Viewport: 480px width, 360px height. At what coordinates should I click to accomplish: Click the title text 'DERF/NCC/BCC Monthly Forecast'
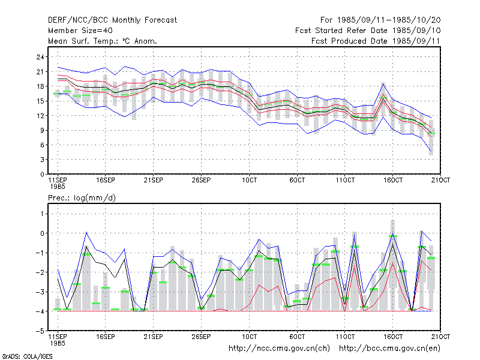pyautogui.click(x=112, y=20)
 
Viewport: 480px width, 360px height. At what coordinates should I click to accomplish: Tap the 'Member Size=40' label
pyautogui.click(x=80, y=31)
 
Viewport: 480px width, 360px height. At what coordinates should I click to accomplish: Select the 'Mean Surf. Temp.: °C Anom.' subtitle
pyautogui.click(x=103, y=41)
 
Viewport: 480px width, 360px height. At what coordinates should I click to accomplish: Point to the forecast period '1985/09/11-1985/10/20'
pyautogui.click(x=389, y=20)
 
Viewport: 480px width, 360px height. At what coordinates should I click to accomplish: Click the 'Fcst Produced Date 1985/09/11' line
pyautogui.click(x=376, y=41)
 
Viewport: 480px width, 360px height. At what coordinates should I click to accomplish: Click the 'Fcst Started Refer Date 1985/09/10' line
pyautogui.click(x=368, y=31)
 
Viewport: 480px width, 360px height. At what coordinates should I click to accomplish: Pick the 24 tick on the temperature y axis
pyautogui.click(x=40, y=57)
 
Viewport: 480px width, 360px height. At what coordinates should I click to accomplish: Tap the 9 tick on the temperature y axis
pyautogui.click(x=42, y=130)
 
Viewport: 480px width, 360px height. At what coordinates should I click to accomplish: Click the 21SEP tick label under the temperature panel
pyautogui.click(x=154, y=180)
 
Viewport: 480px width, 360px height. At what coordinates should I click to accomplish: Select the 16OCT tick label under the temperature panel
pyautogui.click(x=393, y=180)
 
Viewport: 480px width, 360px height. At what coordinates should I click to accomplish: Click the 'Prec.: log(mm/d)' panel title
pyautogui.click(x=82, y=198)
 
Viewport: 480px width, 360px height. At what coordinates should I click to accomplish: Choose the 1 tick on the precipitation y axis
pyautogui.click(x=42, y=214)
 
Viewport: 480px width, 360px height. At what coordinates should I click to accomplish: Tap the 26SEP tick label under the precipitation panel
pyautogui.click(x=201, y=337)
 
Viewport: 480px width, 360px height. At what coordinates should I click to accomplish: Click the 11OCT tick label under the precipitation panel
pyautogui.click(x=345, y=337)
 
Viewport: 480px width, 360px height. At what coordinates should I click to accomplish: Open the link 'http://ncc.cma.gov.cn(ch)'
pyautogui.click(x=279, y=349)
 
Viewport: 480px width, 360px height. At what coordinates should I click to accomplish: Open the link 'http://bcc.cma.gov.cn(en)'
pyautogui.click(x=389, y=349)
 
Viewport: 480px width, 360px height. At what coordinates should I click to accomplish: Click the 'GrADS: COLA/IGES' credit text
pyautogui.click(x=27, y=356)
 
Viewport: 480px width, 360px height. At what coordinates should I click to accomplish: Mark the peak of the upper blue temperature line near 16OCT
pyautogui.click(x=383, y=83)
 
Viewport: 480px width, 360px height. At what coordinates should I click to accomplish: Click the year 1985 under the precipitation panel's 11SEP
pyautogui.click(x=58, y=343)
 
